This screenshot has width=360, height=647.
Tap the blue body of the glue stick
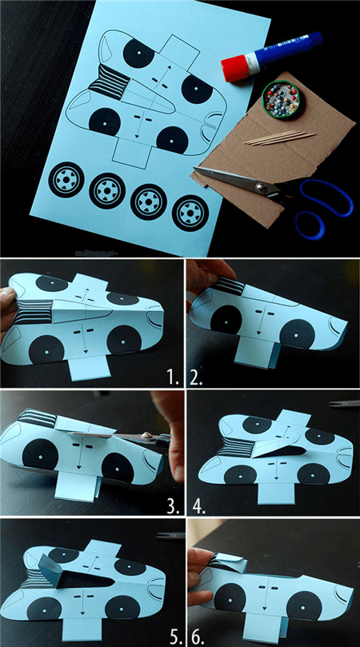[285, 49]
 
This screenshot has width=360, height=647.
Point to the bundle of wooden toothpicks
[280, 138]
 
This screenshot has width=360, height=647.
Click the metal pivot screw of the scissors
[262, 188]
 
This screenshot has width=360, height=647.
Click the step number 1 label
[173, 378]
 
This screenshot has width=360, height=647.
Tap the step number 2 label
[196, 378]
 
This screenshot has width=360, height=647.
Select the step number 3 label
[173, 507]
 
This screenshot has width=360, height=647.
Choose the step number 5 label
[174, 637]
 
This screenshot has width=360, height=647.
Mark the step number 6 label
[198, 637]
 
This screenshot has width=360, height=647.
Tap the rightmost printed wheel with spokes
[190, 214]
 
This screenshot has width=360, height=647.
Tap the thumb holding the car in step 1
[6, 296]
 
